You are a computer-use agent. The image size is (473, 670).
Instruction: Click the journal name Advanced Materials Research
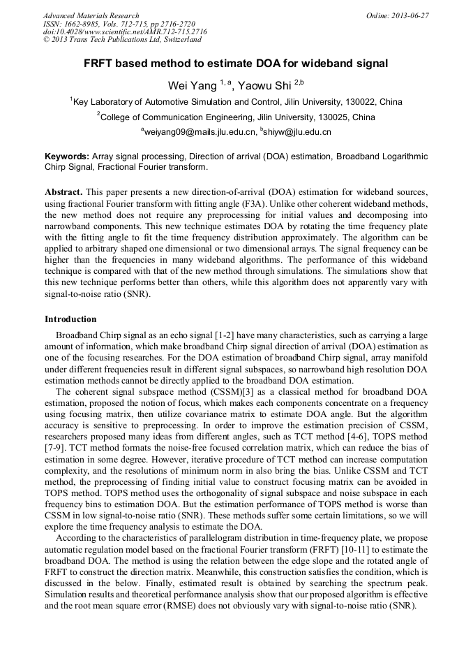(91, 15)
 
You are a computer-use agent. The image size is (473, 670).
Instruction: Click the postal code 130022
(356, 102)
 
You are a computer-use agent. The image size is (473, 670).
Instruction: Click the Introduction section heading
(70, 319)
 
